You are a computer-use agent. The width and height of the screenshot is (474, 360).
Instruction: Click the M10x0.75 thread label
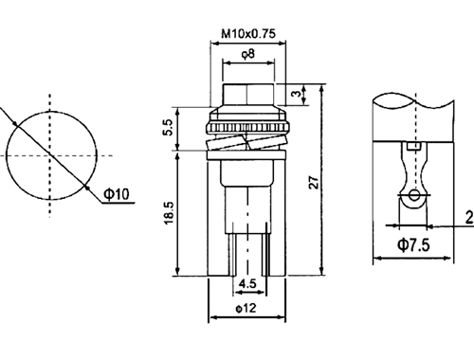coord(248,33)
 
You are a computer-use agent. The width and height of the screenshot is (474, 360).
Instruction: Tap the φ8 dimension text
coord(248,54)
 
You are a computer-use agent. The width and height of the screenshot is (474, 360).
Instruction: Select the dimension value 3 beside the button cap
coord(296,94)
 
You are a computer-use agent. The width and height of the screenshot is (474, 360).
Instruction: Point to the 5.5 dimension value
coord(168,128)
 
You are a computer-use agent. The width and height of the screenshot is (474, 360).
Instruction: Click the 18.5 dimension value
coord(169,213)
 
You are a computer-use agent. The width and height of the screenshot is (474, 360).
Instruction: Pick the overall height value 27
coord(314,182)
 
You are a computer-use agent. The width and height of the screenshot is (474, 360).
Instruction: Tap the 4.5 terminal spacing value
coord(247,283)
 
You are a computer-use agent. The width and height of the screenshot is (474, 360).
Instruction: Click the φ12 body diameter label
coord(246,308)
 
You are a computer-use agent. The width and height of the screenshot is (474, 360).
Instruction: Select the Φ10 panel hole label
coord(117,194)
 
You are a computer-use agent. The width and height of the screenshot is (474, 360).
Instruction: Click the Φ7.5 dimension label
coord(413,244)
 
